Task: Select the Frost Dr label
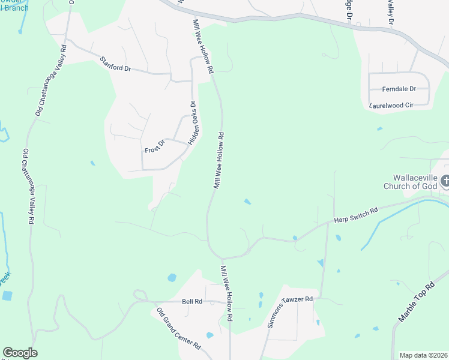click(x=155, y=146)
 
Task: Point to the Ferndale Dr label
click(x=399, y=89)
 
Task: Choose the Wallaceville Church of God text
click(x=411, y=182)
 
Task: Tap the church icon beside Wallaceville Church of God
click(x=445, y=181)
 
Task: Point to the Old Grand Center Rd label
click(x=178, y=329)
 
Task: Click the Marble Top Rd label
click(x=417, y=302)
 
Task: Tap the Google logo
click(x=20, y=353)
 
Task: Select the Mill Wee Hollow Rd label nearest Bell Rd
click(x=226, y=292)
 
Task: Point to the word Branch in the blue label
click(x=14, y=8)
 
